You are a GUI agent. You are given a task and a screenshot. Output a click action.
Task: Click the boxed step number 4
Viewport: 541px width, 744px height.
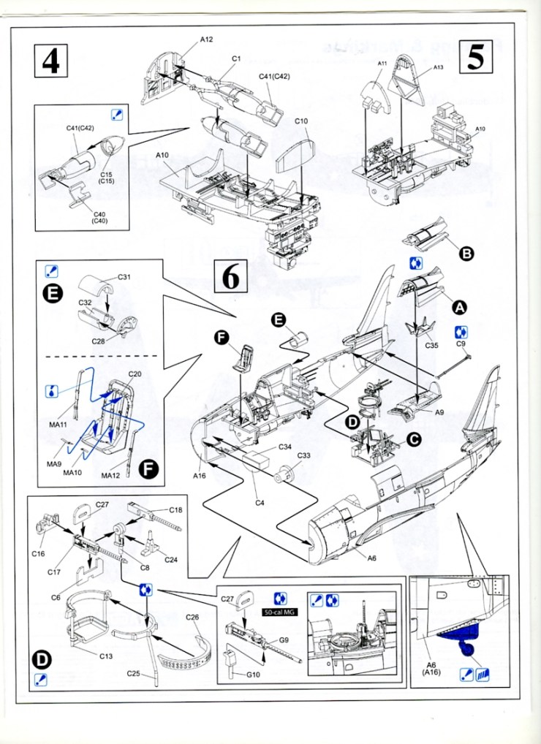point(50,61)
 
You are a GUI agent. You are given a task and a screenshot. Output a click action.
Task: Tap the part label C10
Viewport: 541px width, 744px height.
point(301,121)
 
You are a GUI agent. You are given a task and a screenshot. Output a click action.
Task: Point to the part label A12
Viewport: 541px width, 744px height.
point(208,39)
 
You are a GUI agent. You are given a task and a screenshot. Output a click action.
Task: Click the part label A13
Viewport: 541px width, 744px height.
point(438,67)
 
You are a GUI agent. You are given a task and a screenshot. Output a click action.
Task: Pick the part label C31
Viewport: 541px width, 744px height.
point(124,277)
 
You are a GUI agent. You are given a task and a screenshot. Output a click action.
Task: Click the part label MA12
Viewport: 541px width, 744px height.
point(111,476)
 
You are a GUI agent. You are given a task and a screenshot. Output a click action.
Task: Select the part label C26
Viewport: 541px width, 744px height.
point(192,618)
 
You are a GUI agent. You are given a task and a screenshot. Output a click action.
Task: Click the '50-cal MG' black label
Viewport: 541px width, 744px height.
point(278,611)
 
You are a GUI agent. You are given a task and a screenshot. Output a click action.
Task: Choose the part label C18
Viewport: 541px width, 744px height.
point(175,509)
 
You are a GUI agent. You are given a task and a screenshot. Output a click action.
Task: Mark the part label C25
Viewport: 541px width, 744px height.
point(133,673)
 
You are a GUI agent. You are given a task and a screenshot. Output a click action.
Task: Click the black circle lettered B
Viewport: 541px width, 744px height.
point(466,254)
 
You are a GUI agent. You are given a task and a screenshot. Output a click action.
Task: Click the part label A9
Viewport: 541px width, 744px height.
point(439,412)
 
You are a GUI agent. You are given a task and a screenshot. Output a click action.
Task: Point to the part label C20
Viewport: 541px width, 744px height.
point(135,374)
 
